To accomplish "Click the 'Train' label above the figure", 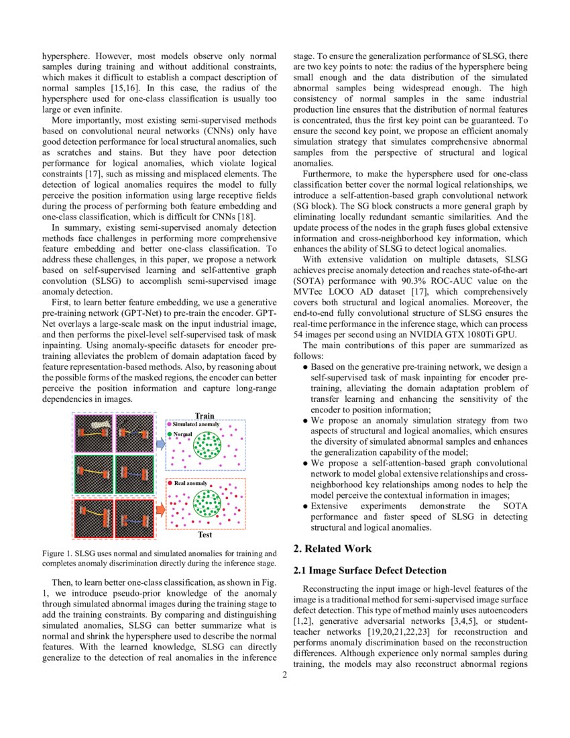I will click(205, 416).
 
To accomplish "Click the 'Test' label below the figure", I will click(205, 535).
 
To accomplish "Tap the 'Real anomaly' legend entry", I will click(189, 483).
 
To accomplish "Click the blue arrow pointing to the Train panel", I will click(160, 443).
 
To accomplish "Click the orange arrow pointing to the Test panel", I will click(160, 510).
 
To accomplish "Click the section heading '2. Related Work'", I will click(332, 549).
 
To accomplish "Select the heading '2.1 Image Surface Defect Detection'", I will click(369, 571).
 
